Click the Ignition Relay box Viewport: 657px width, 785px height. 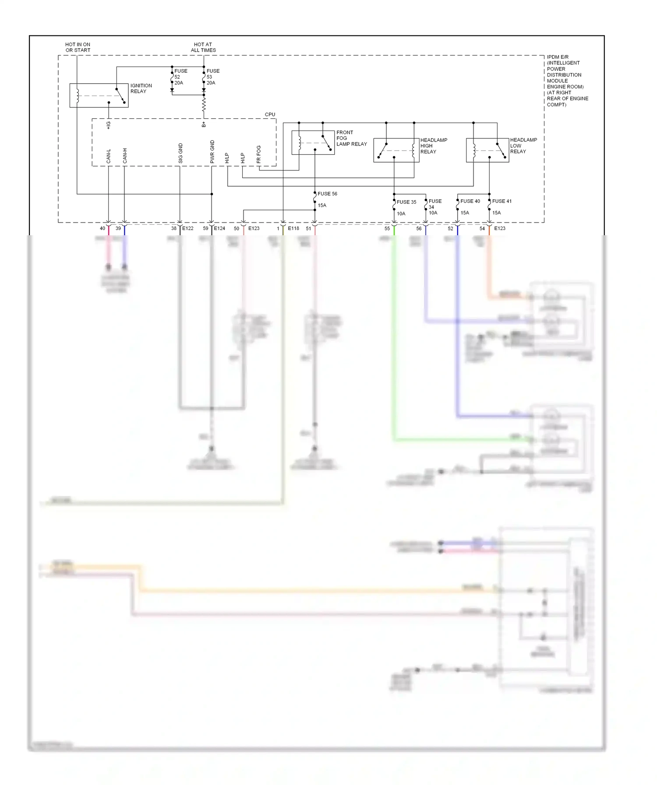coord(99,95)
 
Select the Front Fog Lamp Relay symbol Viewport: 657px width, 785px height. coord(313,142)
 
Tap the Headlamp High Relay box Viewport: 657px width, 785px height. coord(396,150)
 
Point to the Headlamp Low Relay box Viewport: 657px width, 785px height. coord(487,150)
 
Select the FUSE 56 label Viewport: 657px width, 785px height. coord(327,194)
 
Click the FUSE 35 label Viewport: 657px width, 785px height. coord(406,202)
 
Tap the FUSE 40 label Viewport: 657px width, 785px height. coord(470,201)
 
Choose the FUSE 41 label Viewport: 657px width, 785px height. coord(502,201)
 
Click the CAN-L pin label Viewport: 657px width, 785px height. coord(109,156)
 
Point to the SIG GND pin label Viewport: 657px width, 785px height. coord(180,153)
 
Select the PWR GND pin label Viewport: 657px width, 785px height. coord(212,152)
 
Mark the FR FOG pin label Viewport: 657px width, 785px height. coord(259,154)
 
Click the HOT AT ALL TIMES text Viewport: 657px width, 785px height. coord(203,47)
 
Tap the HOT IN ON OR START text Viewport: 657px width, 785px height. coord(78,47)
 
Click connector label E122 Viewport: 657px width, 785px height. coord(188,228)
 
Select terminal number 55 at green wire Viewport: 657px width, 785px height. coord(387,229)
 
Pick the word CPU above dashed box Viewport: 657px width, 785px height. coord(270,114)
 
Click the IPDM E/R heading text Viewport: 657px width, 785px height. coord(558,57)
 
